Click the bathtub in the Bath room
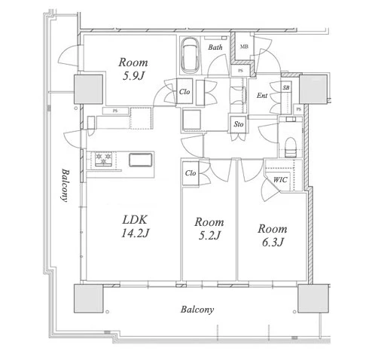(190, 56)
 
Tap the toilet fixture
(291, 148)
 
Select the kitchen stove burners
(103, 159)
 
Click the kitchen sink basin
(141, 160)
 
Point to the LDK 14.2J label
(135, 226)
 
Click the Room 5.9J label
(133, 69)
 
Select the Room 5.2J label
(209, 228)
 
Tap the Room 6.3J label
(273, 235)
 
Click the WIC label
(280, 180)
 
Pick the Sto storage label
(239, 124)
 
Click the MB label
(244, 47)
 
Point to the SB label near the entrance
(286, 87)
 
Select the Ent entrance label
(262, 96)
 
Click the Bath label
(215, 47)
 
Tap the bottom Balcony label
(197, 310)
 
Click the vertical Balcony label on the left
(66, 185)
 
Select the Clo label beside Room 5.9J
(184, 92)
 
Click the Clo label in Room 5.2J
(191, 173)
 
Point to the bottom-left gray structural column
(89, 298)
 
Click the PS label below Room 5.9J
(115, 111)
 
